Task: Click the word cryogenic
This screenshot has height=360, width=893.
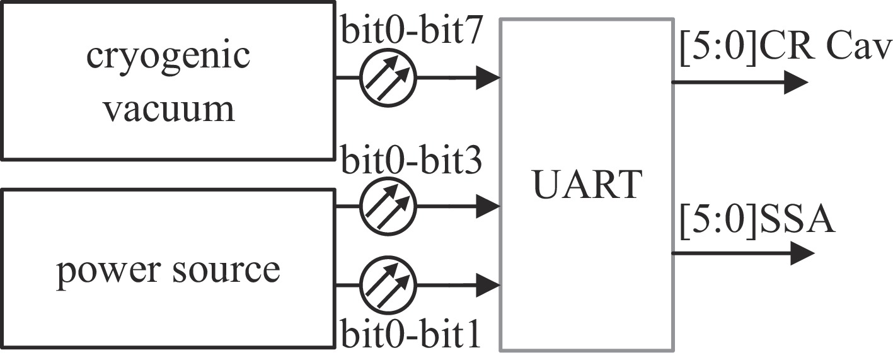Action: [168, 59]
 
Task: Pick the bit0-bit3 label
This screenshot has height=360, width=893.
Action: [412, 162]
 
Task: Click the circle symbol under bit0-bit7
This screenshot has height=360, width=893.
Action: [388, 78]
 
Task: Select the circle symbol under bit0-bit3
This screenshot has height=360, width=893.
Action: [388, 206]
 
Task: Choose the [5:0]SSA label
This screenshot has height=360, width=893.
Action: [758, 222]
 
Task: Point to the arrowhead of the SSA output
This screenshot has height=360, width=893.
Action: [802, 253]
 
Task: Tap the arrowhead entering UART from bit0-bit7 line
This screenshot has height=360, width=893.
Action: [488, 78]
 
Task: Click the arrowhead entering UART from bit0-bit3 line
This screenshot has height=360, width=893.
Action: [488, 206]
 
